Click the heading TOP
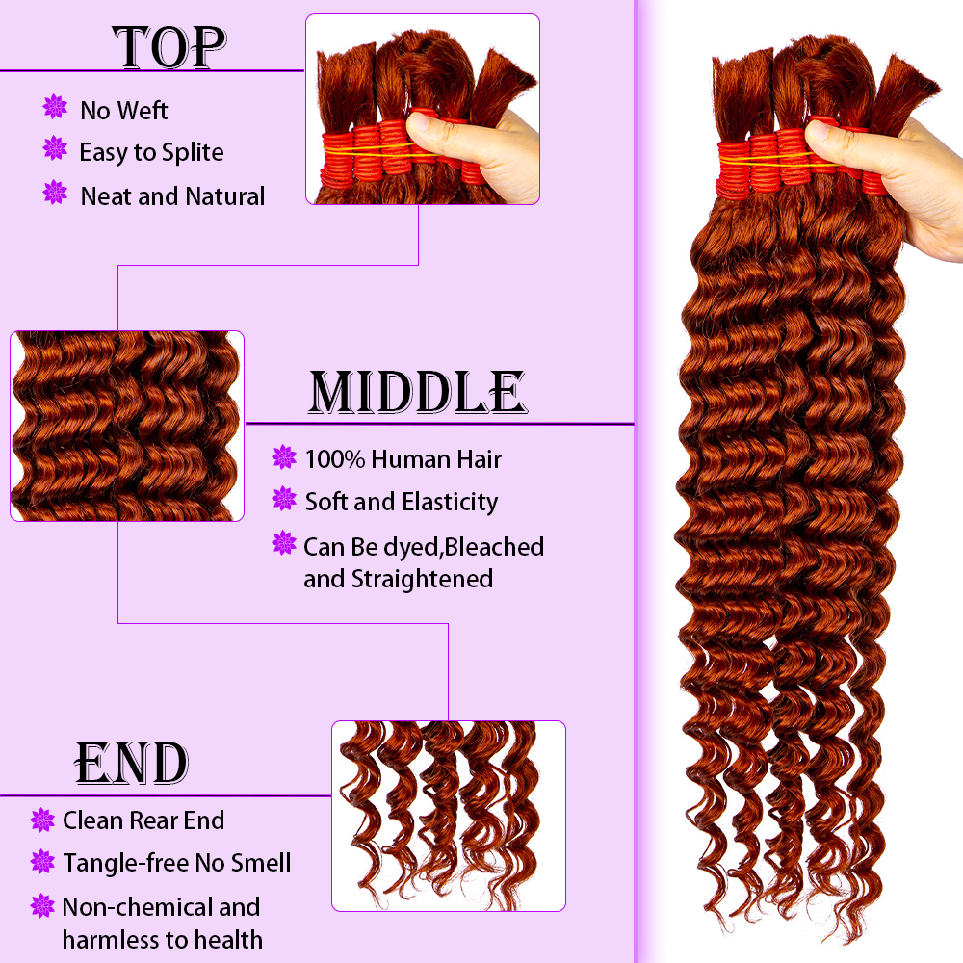169,47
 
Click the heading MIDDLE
418,392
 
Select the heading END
131,763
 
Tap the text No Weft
123,111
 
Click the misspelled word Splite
193,153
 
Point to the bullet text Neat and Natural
172,196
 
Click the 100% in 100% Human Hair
335,459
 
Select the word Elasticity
450,503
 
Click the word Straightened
422,579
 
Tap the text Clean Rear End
143,820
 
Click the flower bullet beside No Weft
55,107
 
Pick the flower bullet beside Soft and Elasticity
284,499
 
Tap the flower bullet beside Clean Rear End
42,820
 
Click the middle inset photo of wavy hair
127,427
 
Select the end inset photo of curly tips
449,816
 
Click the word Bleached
494,547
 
